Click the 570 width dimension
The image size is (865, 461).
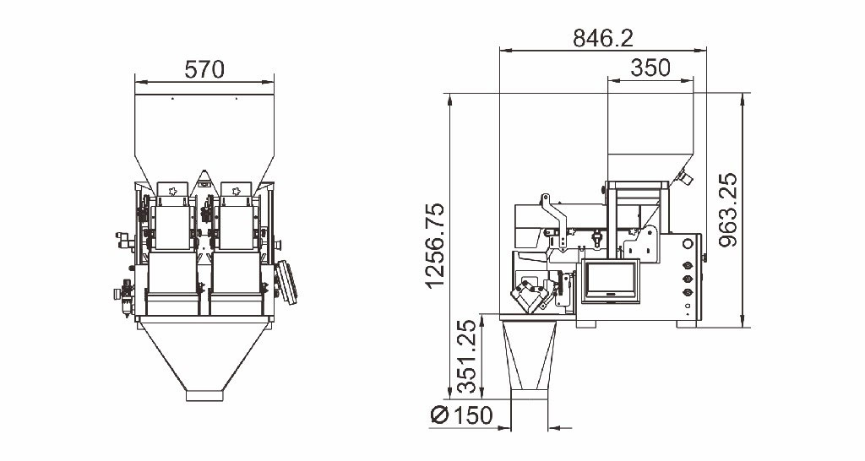coord(204,70)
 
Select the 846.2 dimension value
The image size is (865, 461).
coord(603,39)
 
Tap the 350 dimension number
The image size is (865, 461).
coord(650,68)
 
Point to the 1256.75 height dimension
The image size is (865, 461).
coord(435,246)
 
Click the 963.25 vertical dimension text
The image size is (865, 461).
coord(728,209)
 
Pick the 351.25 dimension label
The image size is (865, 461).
coord(466,356)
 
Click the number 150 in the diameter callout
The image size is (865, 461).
coord(472,415)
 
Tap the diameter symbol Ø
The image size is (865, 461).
coord(439,415)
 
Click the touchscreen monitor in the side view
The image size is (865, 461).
coord(611,280)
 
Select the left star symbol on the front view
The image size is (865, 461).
coord(172,191)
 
